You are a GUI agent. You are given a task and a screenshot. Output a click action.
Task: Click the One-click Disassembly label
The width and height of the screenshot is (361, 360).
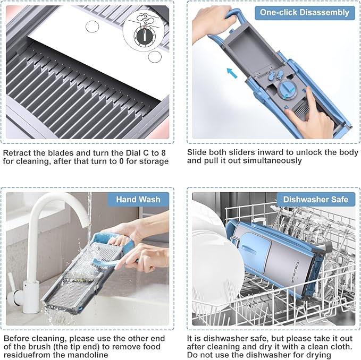[304, 12]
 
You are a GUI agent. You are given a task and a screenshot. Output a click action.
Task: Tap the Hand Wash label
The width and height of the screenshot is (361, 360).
[138, 199]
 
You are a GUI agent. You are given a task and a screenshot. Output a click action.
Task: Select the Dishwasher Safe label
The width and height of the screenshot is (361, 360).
[316, 199]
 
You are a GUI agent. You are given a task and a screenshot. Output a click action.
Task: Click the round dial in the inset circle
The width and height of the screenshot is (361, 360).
[144, 36]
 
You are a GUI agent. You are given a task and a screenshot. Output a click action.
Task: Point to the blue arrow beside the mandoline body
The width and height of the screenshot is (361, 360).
[232, 73]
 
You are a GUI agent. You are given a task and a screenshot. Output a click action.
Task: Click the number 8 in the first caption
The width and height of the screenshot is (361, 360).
[163, 153]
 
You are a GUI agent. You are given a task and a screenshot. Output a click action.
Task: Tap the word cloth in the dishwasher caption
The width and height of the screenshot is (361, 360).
[340, 346]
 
